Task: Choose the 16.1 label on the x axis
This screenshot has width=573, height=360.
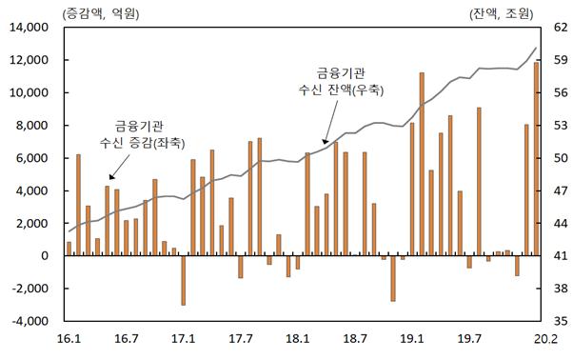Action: tap(69, 337)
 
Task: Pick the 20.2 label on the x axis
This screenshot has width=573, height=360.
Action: tap(537, 337)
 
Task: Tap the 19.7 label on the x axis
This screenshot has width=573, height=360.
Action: tap(469, 337)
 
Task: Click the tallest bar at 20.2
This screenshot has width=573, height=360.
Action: tap(536, 158)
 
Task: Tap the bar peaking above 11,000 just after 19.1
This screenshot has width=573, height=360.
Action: tap(422, 164)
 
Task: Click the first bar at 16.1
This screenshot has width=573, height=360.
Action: tap(69, 249)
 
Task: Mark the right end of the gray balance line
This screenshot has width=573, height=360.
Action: tap(537, 48)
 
